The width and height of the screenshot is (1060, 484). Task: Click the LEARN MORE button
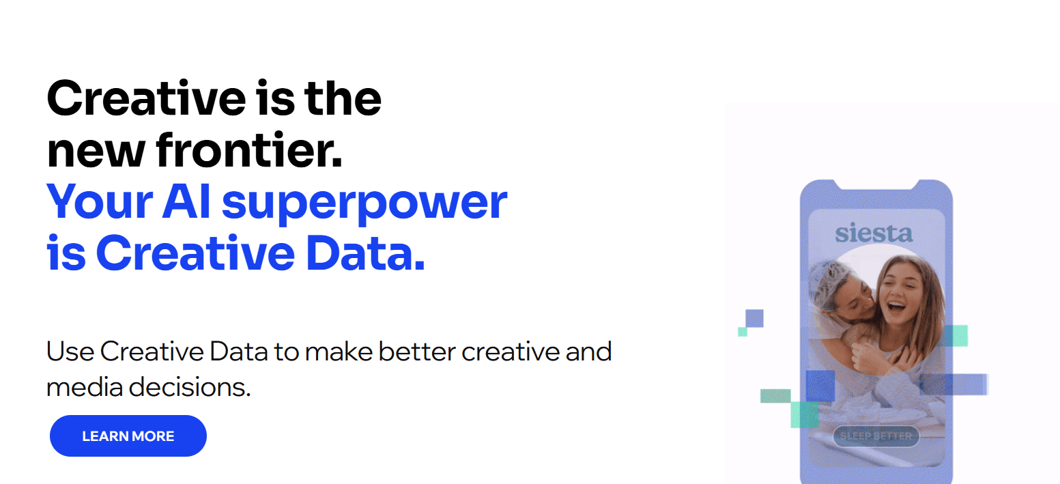[x=128, y=436]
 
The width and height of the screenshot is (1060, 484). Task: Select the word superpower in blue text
[x=364, y=202]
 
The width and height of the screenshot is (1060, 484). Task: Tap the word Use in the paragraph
[x=70, y=352]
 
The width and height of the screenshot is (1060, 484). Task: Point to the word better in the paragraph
[x=417, y=352]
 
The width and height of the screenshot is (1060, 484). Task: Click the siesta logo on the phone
[x=874, y=233]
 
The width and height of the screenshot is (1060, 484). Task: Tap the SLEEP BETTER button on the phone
[x=876, y=436]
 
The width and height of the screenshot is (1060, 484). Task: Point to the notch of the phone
[x=876, y=184]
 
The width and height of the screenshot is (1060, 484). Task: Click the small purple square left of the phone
[x=754, y=318]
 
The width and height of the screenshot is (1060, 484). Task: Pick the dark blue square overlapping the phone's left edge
[x=820, y=386]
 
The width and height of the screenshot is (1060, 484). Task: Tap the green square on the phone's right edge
[x=954, y=335]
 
